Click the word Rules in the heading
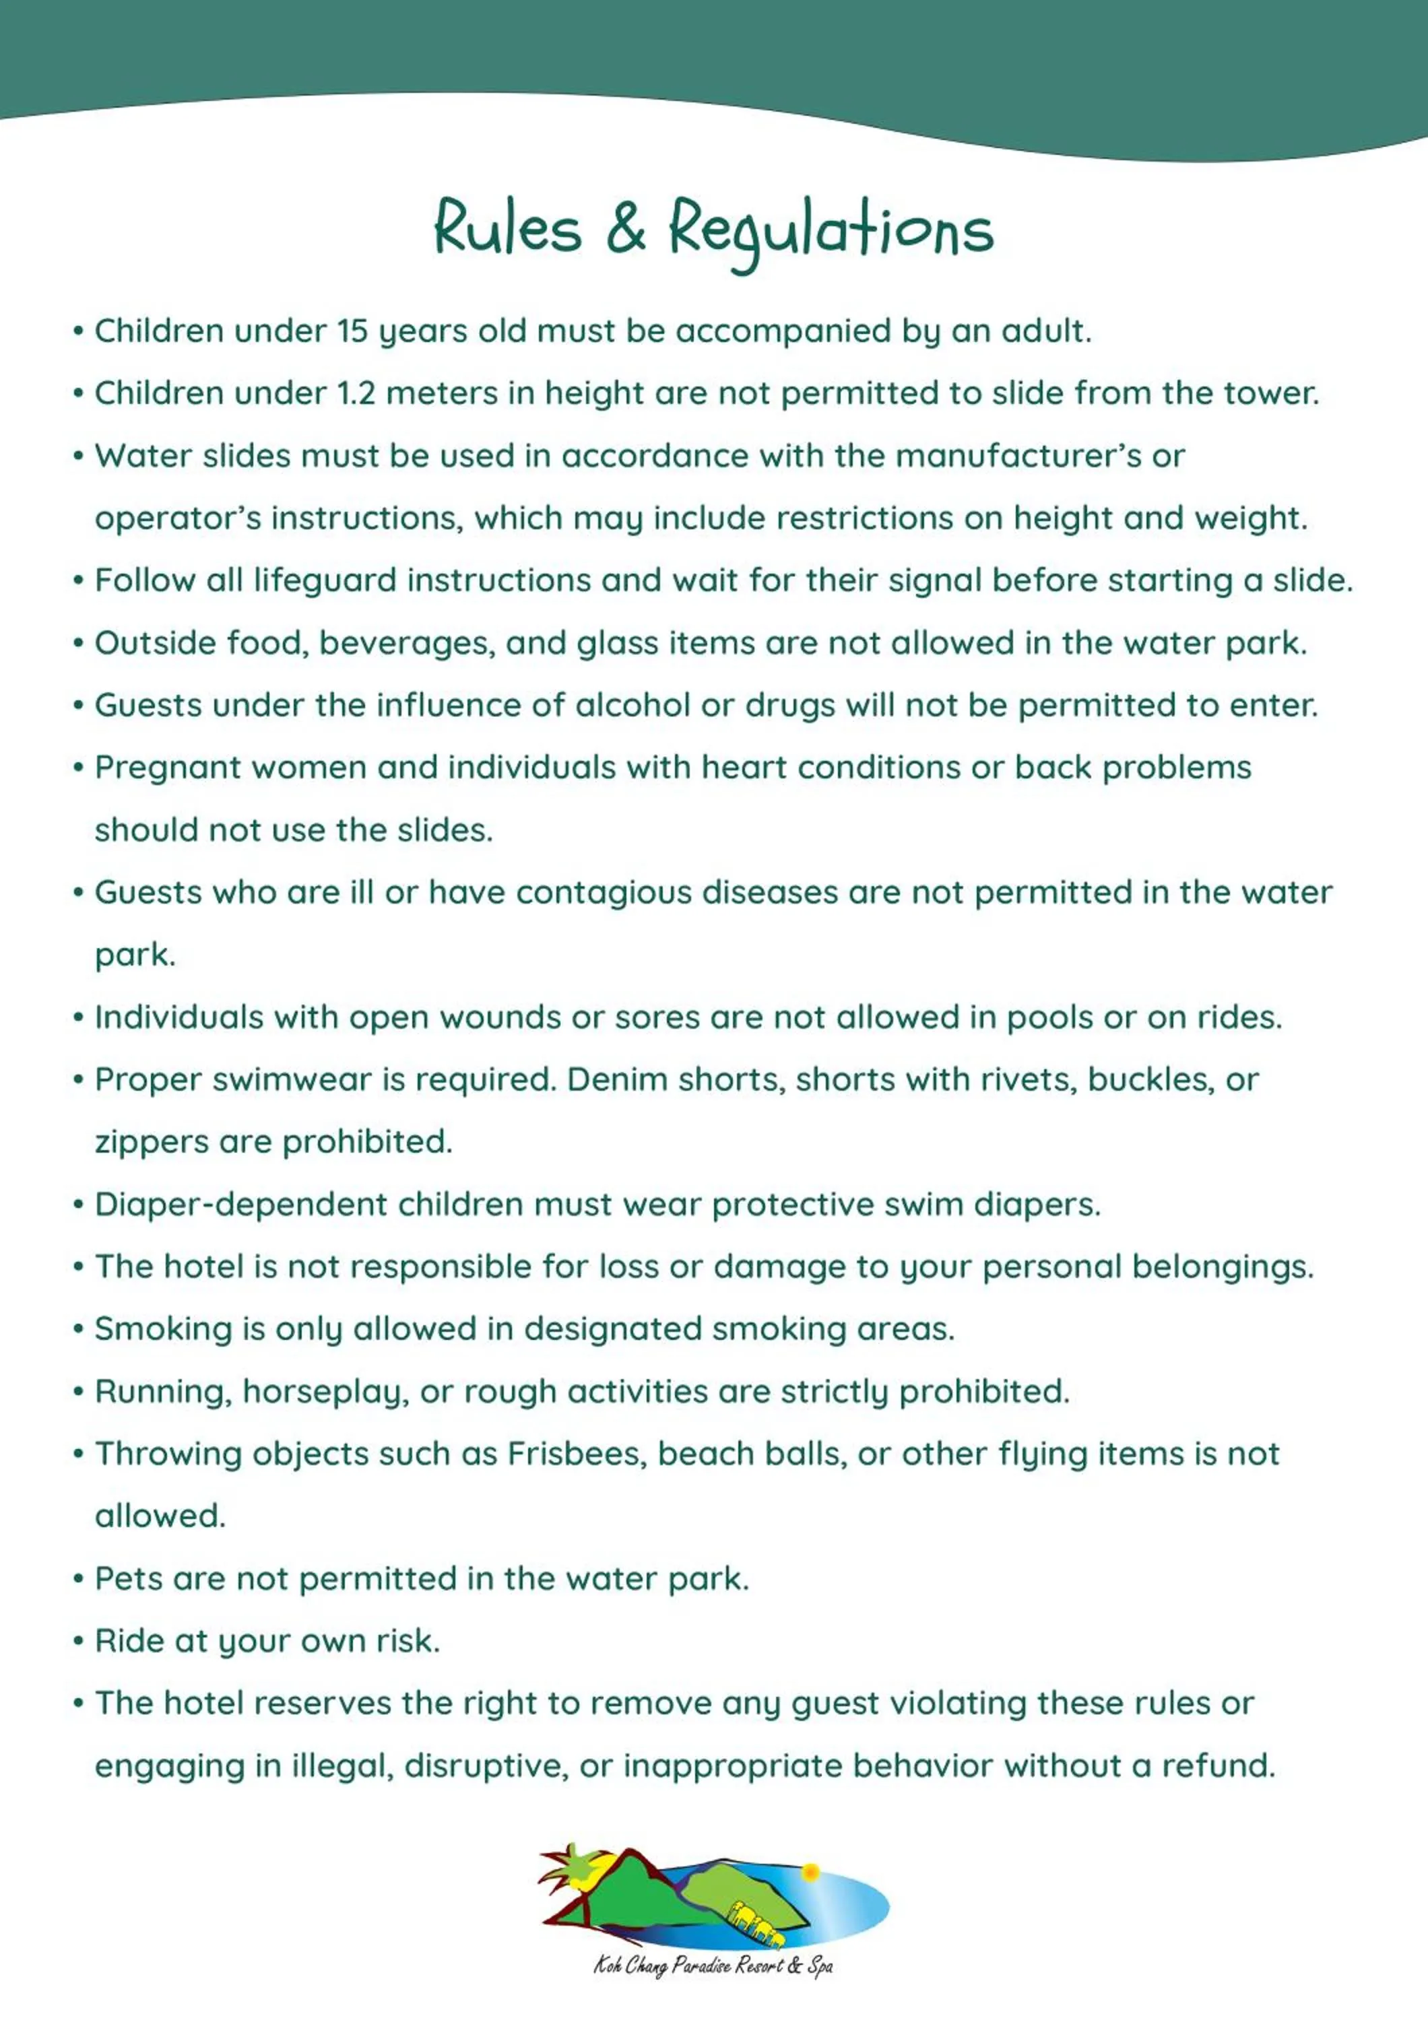point(508,228)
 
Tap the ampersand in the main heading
point(626,228)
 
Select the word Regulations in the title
point(831,230)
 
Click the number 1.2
point(356,393)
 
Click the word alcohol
point(632,706)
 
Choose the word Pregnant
point(167,768)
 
